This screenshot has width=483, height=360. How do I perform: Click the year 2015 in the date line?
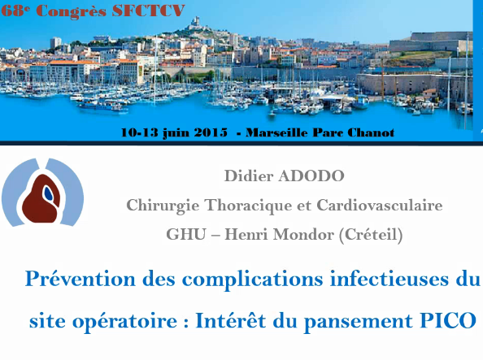coord(206,132)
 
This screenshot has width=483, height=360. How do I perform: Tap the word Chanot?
coord(372,132)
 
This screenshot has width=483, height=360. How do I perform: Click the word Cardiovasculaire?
coord(381,205)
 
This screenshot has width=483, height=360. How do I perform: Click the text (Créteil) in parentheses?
coord(372,234)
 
